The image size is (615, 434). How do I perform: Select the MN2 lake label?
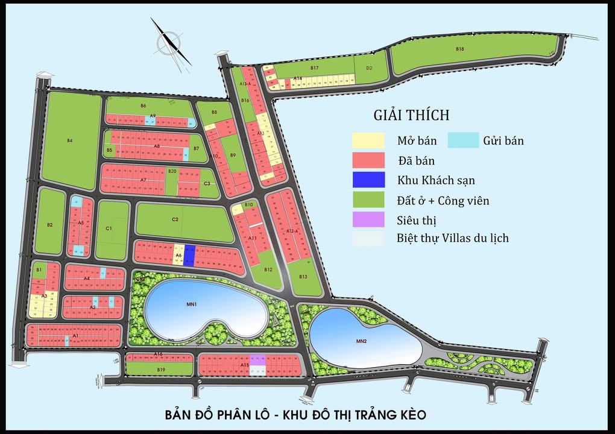[x=361, y=342]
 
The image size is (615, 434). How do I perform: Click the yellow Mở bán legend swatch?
[x=368, y=140]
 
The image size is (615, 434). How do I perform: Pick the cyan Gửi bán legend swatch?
[x=463, y=140]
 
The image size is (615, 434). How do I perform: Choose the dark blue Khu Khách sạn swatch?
[x=368, y=180]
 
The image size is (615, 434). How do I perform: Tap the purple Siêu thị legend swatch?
[x=368, y=219]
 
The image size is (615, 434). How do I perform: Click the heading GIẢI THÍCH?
[x=411, y=115]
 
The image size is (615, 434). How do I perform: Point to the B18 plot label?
[x=460, y=49]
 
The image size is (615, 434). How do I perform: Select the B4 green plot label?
[x=70, y=140]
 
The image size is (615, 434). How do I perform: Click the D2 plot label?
[x=370, y=68]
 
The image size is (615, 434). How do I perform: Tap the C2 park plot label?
[x=175, y=219]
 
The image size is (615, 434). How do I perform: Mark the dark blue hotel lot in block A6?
[x=188, y=255]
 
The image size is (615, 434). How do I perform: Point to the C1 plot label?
[x=109, y=228]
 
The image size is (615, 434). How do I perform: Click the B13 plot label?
[x=303, y=277]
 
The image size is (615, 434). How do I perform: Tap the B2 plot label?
[x=50, y=225]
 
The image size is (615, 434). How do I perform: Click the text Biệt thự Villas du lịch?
[x=452, y=238]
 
